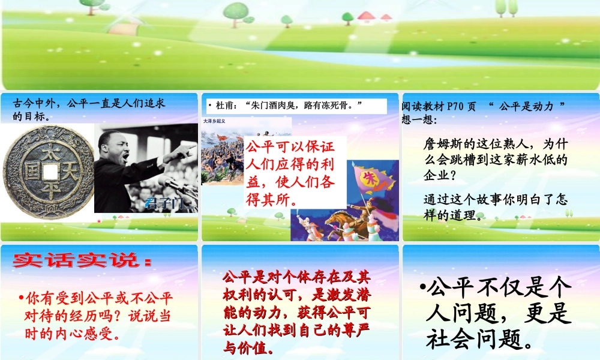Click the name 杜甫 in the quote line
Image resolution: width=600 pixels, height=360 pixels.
point(224,106)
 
